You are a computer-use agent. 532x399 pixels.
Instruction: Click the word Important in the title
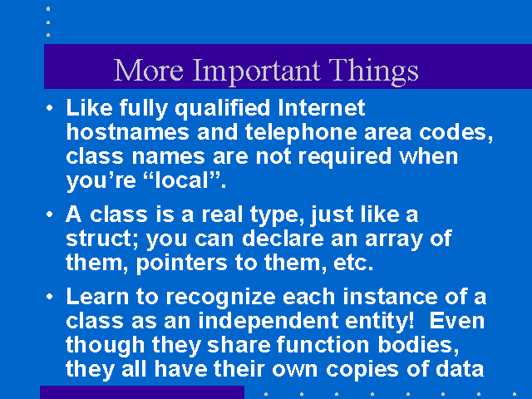(x=257, y=72)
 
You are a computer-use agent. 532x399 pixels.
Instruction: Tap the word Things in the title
(x=373, y=71)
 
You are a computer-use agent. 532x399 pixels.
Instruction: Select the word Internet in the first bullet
(x=322, y=108)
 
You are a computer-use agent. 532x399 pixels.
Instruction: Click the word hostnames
(x=127, y=131)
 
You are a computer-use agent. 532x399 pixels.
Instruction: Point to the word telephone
(x=301, y=133)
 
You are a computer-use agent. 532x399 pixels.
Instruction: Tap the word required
(x=345, y=157)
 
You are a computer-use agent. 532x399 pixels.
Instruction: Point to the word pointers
(x=181, y=264)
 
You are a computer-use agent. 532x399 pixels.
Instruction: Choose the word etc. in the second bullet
(x=353, y=263)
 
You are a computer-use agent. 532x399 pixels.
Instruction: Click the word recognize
(x=221, y=298)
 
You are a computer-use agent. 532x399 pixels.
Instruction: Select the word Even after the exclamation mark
(x=457, y=321)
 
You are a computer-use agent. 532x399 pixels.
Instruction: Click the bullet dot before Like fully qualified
(x=50, y=108)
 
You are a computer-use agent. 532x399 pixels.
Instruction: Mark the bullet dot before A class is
(x=50, y=214)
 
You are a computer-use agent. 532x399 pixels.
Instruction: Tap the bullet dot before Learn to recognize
(x=50, y=297)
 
